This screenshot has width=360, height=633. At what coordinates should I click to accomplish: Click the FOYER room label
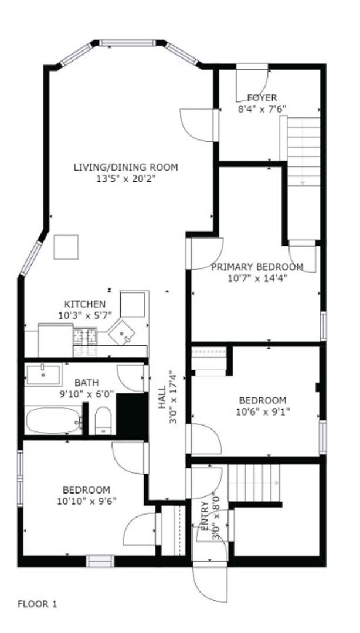pyautogui.click(x=261, y=98)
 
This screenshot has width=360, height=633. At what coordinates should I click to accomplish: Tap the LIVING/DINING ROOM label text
pyautogui.click(x=125, y=167)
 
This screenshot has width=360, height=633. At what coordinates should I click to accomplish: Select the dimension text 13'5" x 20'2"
pyautogui.click(x=125, y=178)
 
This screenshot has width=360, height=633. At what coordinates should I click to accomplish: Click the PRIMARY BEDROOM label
pyautogui.click(x=257, y=267)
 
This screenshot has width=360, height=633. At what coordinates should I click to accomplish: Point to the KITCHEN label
pyautogui.click(x=85, y=304)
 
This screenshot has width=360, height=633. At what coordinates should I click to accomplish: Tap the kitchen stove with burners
pyautogui.click(x=85, y=336)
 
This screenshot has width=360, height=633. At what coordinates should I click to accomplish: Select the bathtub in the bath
pyautogui.click(x=53, y=420)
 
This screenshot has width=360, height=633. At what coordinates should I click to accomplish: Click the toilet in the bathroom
pyautogui.click(x=103, y=420)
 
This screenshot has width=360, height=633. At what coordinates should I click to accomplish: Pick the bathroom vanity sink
pyautogui.click(x=43, y=374)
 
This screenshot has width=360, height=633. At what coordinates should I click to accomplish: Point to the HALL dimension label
pyautogui.click(x=172, y=398)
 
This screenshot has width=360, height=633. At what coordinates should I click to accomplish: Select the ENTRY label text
pyautogui.click(x=204, y=516)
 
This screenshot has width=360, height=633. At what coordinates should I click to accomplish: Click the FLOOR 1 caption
pyautogui.click(x=37, y=603)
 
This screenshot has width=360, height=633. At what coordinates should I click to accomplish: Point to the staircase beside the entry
pyautogui.click(x=254, y=482)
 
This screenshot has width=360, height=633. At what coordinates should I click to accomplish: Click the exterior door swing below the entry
pyautogui.click(x=204, y=583)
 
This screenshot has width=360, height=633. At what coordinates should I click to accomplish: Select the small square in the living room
pyautogui.click(x=66, y=247)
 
